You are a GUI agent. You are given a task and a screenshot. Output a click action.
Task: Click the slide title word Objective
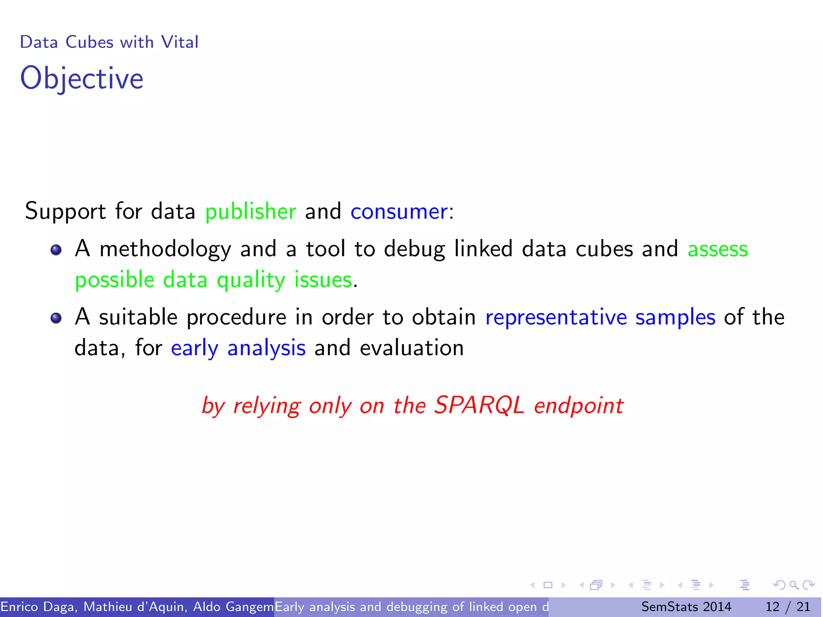pos(82,79)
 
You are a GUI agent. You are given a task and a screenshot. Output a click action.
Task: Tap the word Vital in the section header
pos(180,42)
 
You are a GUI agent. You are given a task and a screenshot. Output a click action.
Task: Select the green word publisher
pos(250,211)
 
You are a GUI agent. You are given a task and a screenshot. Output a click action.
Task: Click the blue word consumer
pos(399,211)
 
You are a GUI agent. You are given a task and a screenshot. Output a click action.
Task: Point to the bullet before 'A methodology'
pos(56,250)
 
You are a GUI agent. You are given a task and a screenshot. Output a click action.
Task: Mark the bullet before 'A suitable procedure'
pos(56,318)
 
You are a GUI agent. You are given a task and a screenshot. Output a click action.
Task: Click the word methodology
pos(165,249)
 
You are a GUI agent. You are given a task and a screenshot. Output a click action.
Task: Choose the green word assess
pos(718,249)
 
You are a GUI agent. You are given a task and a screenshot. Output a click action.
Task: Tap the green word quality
pos(251,280)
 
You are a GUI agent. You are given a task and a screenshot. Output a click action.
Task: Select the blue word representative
pos(556,317)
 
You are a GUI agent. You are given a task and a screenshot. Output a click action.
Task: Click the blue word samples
pos(675,317)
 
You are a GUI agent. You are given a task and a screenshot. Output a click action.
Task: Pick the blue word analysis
pos(266,348)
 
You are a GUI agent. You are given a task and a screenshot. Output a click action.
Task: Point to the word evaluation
pos(411,348)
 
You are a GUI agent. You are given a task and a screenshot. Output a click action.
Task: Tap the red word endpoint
pos(579,406)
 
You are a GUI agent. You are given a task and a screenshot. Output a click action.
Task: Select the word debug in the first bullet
pos(414,249)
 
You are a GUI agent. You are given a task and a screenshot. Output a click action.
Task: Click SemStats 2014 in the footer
pos(686,607)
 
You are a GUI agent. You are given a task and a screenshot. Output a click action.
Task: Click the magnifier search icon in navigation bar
pos(794,585)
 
